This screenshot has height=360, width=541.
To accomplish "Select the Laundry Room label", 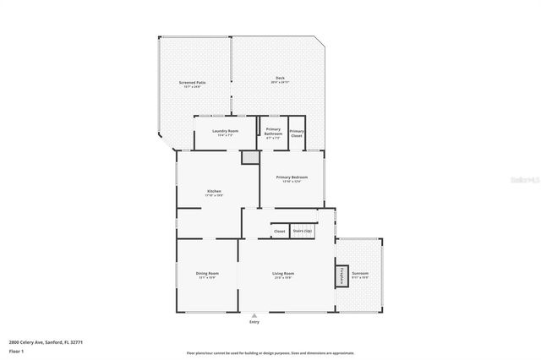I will pos(225,132).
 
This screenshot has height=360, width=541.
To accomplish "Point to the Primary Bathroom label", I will pos(273,132).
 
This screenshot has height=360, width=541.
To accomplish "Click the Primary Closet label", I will pos(297,133).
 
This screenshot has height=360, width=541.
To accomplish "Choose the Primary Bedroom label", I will pos(292,178).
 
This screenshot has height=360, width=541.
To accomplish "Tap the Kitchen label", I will pos(215,193).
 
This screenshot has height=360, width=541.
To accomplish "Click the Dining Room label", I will pos(208,275).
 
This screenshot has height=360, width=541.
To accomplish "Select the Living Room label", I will pos(282,275).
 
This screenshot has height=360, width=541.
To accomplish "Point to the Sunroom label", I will pos(360,275).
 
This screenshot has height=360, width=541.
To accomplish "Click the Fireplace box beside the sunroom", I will pos(342,275).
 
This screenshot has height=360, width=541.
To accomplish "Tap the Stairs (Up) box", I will pos(303,230).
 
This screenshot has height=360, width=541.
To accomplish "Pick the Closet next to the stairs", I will pos(279,230).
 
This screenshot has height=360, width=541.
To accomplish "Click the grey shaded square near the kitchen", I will pos(249,157).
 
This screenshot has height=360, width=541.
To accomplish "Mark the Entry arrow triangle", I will pos(254,315).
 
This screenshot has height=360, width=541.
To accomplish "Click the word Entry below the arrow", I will pos(254,322).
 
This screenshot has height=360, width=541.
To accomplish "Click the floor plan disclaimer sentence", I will pos(270,352).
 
